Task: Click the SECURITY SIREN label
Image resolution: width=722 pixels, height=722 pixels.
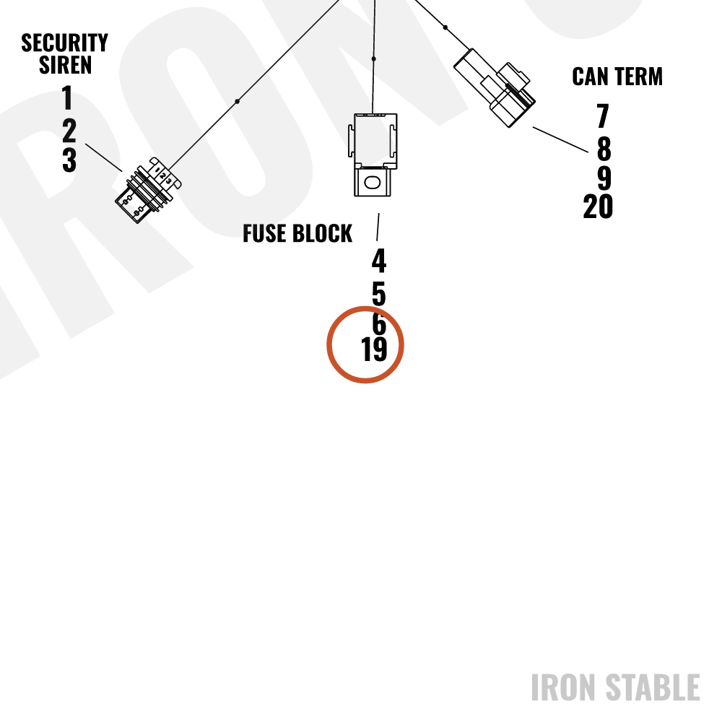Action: pos(64,53)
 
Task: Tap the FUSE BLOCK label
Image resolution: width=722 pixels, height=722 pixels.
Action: pos(297,233)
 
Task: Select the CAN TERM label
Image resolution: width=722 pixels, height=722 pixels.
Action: pos(617,77)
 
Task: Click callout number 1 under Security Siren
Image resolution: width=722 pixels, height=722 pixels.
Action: pos(67,97)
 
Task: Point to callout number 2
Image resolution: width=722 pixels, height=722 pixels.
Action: pos(69,130)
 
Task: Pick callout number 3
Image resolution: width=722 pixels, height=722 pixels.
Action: pos(69,160)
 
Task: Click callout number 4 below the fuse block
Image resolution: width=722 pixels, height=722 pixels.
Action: pos(379,261)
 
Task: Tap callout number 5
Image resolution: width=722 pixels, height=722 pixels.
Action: pos(378,294)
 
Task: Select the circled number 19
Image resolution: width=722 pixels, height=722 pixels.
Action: pos(374,349)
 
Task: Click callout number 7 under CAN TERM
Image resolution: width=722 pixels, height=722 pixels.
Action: pos(603,116)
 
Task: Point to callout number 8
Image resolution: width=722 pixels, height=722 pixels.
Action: pos(604,149)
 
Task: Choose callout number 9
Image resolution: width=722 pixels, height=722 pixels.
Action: pos(604,178)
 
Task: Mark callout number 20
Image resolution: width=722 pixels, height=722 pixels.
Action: pos(598,206)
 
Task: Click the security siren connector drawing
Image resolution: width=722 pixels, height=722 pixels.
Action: pos(148,190)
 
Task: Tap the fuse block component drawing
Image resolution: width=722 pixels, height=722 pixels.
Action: pos(373,155)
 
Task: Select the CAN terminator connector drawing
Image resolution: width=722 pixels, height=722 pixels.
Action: pos(495,87)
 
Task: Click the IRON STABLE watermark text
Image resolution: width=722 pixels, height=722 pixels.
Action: pos(616,687)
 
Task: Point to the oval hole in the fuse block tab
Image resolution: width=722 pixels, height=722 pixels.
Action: pos(372,183)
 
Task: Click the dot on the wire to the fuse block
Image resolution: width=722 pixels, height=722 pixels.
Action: pos(373,59)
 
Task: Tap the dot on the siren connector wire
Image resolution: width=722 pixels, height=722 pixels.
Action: pos(237,101)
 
